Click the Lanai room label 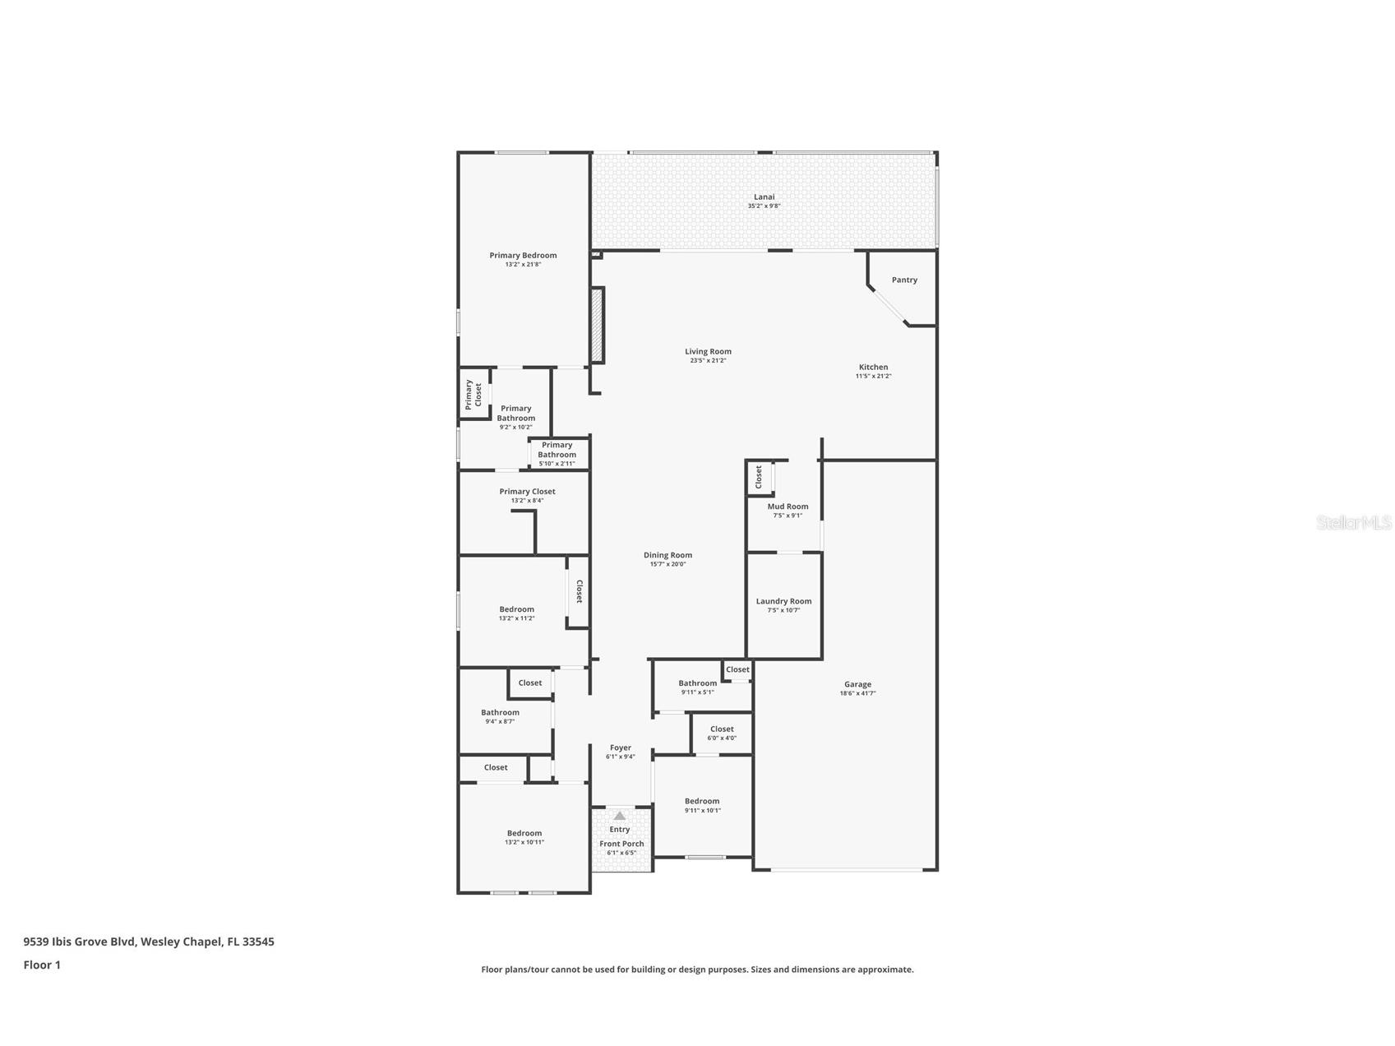(x=764, y=197)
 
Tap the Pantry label (x=904, y=280)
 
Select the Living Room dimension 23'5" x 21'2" (x=707, y=361)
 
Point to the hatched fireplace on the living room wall (x=598, y=325)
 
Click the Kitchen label (x=873, y=367)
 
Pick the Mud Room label (x=788, y=507)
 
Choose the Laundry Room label (x=783, y=601)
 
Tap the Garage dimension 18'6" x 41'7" (x=857, y=693)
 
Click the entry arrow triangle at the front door (x=620, y=816)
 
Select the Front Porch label (x=621, y=844)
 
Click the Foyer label (x=621, y=747)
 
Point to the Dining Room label (x=667, y=555)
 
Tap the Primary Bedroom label (x=523, y=255)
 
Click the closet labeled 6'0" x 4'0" (x=722, y=733)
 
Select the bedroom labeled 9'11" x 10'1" (x=702, y=804)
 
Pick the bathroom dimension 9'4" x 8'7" (x=500, y=722)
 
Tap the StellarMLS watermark (x=1353, y=522)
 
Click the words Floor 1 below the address (x=42, y=965)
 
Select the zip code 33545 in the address (x=258, y=942)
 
